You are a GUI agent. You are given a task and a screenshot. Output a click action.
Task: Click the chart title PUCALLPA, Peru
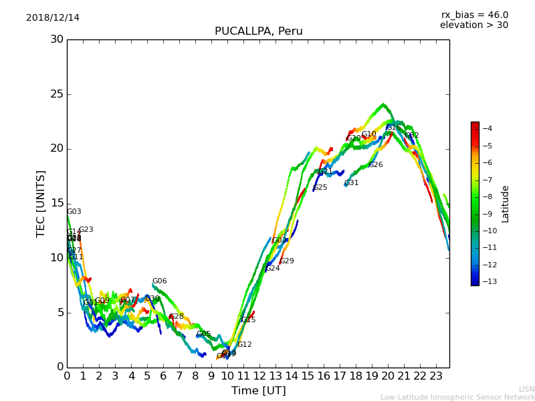click(258, 31)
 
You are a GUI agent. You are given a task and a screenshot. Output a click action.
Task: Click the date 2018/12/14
click(53, 18)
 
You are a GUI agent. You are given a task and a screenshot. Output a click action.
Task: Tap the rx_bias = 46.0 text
click(474, 15)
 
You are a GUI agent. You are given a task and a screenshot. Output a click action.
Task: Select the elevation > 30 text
click(473, 25)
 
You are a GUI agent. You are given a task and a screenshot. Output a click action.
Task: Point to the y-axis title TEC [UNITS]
click(41, 203)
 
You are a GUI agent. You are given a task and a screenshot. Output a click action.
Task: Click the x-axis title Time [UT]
click(258, 391)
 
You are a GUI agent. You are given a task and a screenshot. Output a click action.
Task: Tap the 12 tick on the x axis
click(259, 376)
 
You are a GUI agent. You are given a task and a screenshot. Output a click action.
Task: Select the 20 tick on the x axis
click(387, 376)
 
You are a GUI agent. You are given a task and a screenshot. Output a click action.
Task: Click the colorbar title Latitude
click(506, 203)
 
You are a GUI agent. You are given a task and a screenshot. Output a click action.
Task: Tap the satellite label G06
click(159, 281)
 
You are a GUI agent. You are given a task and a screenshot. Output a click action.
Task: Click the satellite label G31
click(351, 183)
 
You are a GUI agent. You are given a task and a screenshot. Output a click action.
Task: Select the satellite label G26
click(375, 165)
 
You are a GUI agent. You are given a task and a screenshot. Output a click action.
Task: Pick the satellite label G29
click(286, 261)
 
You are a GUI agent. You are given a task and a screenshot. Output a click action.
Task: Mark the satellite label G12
click(244, 345)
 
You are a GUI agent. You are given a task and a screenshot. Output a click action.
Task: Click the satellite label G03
click(74, 212)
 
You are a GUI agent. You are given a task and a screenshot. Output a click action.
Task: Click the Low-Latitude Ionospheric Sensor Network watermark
click(457, 397)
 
